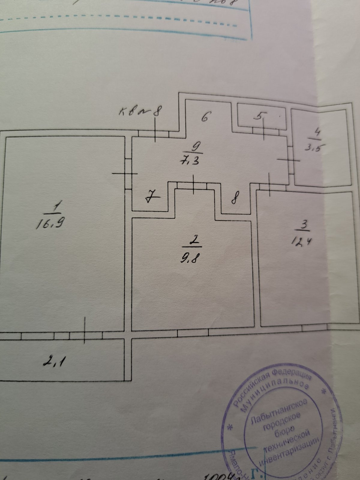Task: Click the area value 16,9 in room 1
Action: coord(50,223)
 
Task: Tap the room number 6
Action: coord(205,117)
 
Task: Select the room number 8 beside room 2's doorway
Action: coord(236,199)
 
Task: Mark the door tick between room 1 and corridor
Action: coord(125,173)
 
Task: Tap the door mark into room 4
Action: coord(288,160)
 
